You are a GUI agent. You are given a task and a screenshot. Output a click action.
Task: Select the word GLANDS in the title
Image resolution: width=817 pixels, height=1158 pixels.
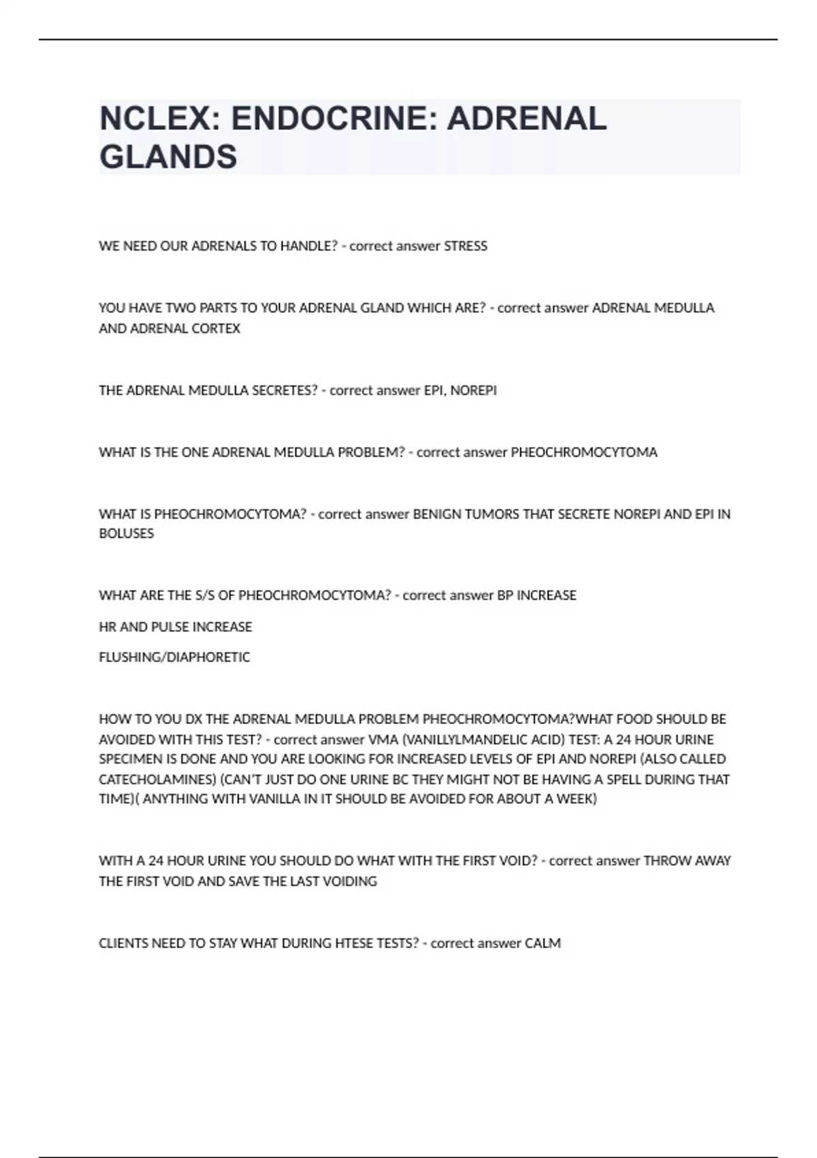[168, 157]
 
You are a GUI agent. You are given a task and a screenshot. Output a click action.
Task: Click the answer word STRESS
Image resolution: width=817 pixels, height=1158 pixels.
[466, 246]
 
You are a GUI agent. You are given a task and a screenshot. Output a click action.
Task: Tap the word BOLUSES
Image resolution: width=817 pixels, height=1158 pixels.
[127, 533]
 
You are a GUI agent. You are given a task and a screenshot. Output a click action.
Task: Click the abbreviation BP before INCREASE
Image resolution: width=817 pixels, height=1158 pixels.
[505, 595]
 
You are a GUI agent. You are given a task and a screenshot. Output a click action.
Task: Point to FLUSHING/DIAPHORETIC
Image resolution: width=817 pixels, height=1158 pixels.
[174, 657]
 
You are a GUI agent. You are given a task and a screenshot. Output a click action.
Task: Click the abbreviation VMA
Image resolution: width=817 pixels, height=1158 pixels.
[383, 739]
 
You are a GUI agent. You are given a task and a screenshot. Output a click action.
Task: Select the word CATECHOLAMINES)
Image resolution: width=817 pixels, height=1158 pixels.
[158, 779]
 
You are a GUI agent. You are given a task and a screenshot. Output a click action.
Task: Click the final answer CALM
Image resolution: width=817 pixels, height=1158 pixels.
[543, 943]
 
